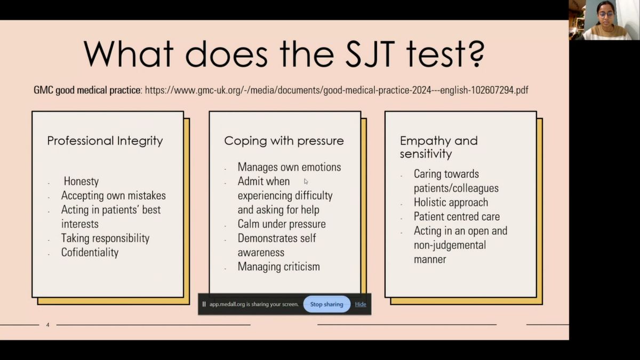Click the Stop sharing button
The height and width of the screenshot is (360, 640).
click(326, 305)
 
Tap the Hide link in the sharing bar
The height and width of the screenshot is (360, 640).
click(361, 305)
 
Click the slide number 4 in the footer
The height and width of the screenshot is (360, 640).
click(47, 325)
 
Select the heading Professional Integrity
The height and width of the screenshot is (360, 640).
click(105, 141)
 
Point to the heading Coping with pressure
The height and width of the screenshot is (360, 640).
click(284, 141)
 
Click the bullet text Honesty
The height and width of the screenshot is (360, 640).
click(81, 181)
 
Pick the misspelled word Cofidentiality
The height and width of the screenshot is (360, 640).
click(90, 252)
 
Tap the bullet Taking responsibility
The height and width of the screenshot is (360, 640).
click(105, 238)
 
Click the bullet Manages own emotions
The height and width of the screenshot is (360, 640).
click(289, 167)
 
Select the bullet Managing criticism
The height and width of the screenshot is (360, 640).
click(278, 267)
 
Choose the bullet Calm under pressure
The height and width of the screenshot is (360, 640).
click(282, 224)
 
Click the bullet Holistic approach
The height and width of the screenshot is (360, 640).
click(451, 202)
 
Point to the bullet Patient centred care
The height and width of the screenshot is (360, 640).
click(457, 217)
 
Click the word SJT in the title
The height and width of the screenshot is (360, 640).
click(370, 54)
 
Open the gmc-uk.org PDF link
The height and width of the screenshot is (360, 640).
click(337, 90)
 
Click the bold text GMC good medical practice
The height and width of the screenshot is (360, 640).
click(87, 90)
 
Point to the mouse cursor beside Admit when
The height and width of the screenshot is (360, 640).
click(306, 181)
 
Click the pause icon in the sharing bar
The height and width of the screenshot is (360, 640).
click(204, 305)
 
